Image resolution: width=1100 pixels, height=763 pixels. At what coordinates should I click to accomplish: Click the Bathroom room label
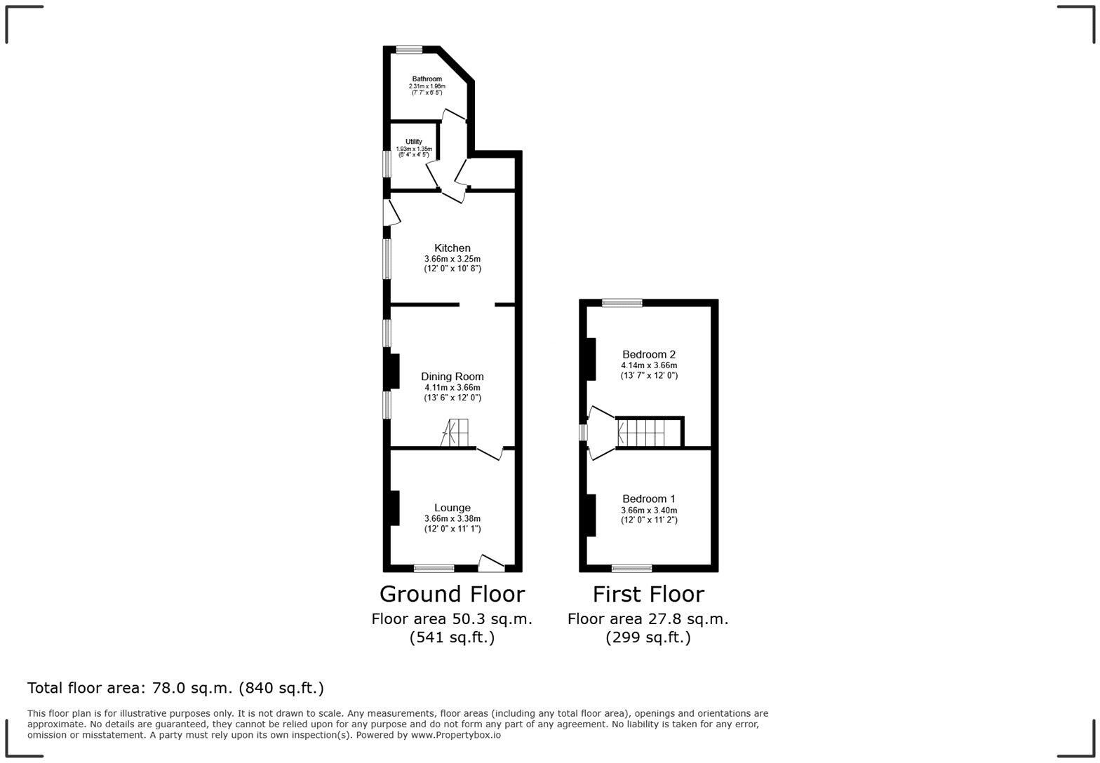tap(427, 79)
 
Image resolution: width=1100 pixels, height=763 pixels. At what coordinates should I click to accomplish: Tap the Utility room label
tap(413, 142)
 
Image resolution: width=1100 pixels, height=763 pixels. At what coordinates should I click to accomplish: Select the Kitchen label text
tap(452, 248)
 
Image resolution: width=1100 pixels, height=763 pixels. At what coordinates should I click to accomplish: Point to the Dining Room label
tap(452, 377)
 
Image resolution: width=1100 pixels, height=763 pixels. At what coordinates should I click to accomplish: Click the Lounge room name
tap(452, 508)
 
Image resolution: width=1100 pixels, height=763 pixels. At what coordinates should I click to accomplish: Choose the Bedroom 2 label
tap(649, 354)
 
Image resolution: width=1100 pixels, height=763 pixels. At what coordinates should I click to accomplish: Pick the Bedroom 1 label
tap(649, 499)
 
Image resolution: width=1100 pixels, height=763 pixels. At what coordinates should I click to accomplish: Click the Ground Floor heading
tap(452, 594)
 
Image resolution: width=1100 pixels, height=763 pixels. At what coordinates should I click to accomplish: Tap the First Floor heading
tap(648, 594)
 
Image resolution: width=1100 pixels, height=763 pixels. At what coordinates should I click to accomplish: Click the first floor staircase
tap(641, 433)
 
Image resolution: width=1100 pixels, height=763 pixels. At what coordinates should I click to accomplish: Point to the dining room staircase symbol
tap(457, 433)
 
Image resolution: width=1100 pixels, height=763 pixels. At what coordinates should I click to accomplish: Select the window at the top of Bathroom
tap(409, 50)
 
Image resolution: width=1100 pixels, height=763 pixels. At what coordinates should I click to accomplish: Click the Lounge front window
tap(434, 568)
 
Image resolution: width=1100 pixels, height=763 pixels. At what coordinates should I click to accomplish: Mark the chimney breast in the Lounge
tap(394, 508)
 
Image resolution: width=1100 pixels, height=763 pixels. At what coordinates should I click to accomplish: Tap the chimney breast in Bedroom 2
tap(591, 359)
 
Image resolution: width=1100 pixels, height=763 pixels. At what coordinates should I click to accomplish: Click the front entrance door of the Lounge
tap(492, 563)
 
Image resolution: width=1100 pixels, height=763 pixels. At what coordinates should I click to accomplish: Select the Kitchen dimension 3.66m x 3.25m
tap(452, 259)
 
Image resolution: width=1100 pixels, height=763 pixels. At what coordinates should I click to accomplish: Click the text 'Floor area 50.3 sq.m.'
tap(452, 619)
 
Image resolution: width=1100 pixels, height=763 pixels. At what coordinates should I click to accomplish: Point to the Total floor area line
tap(175, 688)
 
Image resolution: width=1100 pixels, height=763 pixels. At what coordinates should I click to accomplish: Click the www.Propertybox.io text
tap(456, 735)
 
